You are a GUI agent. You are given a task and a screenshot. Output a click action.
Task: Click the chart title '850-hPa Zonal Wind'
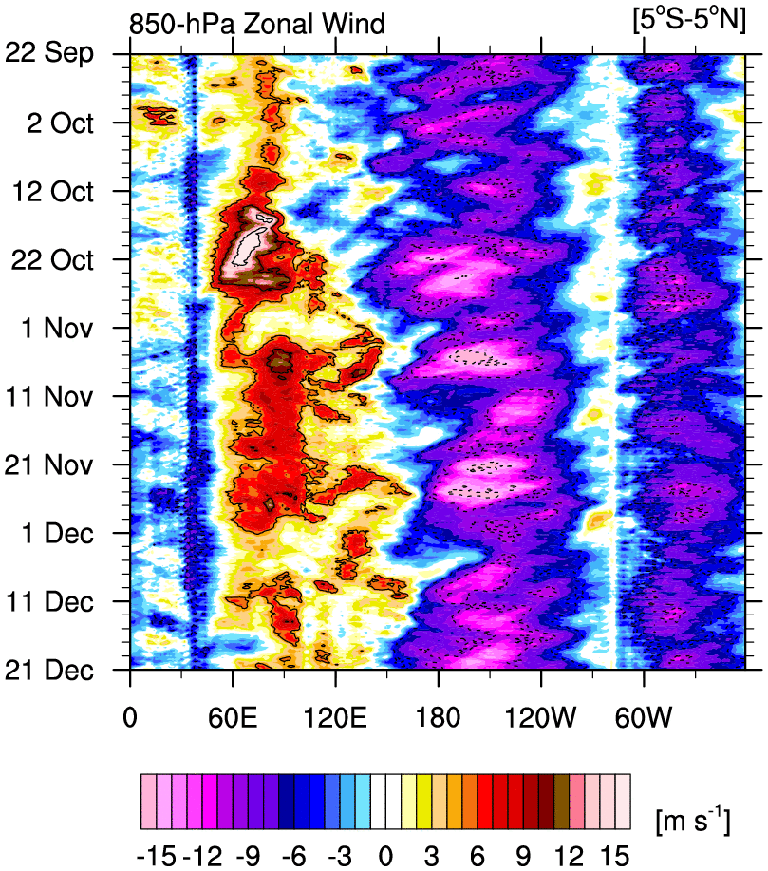coord(257,24)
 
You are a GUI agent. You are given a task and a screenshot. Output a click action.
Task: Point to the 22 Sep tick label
coord(60,54)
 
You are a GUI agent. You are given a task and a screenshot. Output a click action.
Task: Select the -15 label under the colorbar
coord(155,854)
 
